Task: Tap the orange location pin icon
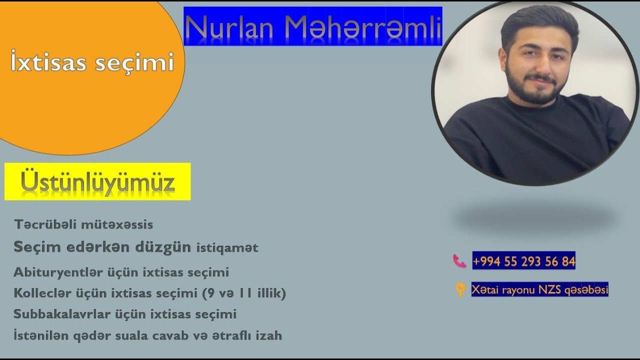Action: (460, 290)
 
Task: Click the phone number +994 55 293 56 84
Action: (523, 261)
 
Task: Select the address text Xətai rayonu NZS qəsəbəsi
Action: (539, 289)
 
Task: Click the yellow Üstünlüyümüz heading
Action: (97, 182)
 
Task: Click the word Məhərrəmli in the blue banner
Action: (363, 28)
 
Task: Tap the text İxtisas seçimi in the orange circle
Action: (92, 63)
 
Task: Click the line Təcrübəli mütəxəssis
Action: (83, 224)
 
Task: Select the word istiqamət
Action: (227, 247)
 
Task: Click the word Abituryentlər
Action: (59, 272)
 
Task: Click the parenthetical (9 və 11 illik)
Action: (244, 293)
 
